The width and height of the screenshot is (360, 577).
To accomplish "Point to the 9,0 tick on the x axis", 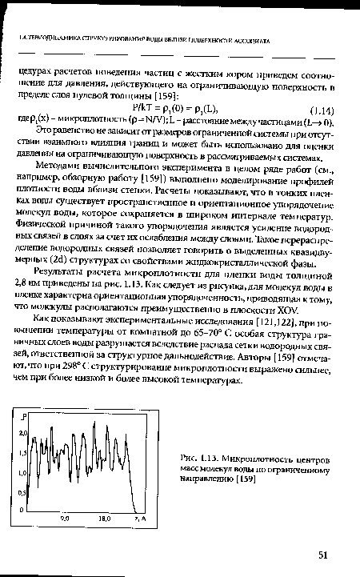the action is (66, 518).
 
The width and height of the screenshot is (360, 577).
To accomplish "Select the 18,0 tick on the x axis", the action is (104, 518).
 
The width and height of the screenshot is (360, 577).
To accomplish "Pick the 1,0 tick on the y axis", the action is (23, 474).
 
